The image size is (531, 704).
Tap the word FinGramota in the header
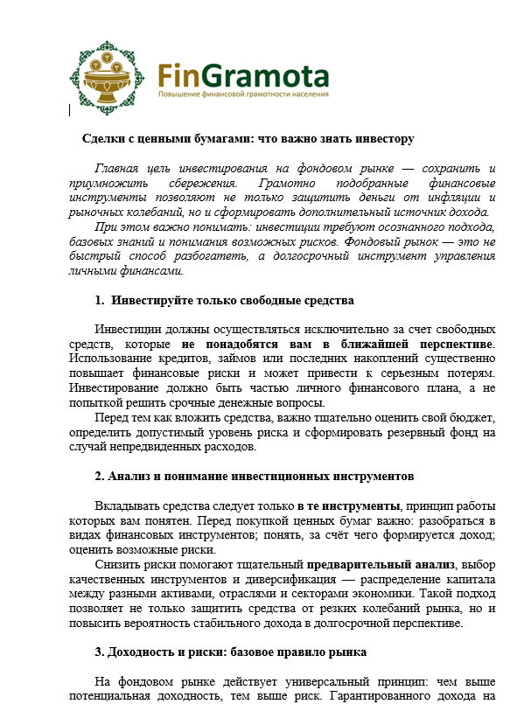(243, 71)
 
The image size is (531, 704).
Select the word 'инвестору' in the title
(386, 139)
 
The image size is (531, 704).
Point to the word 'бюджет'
(472, 417)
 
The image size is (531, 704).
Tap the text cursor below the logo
(69, 110)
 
